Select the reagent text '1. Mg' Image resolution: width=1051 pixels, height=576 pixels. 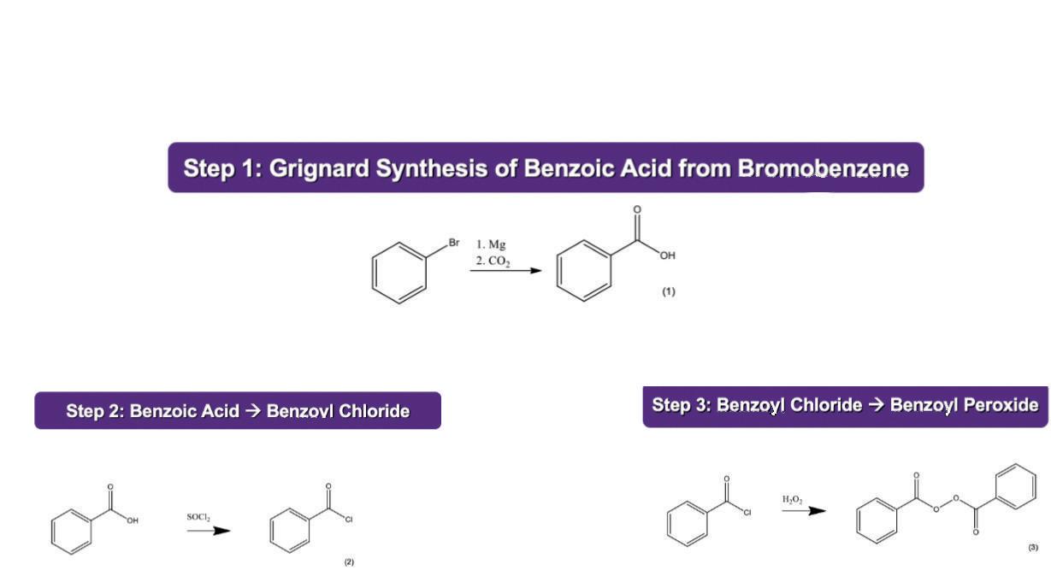click(491, 244)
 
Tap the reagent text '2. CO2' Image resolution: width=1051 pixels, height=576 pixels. click(493, 261)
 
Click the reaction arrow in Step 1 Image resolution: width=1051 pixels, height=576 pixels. click(505, 271)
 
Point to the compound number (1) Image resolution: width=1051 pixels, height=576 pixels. click(668, 291)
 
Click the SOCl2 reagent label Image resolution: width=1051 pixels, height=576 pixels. click(198, 517)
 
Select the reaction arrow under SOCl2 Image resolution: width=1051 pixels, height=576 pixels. click(209, 531)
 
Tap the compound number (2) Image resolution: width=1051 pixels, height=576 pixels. click(349, 561)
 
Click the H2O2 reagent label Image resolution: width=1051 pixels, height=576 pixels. click(792, 499)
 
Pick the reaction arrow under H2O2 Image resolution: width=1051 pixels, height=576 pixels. click(804, 511)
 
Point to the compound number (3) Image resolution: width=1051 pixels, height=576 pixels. click(1033, 547)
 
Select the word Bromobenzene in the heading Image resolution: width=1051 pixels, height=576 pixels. click(823, 168)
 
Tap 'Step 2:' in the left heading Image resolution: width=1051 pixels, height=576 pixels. click(95, 411)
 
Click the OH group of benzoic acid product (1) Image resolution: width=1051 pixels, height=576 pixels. click(667, 256)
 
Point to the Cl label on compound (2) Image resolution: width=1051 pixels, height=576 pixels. click(349, 520)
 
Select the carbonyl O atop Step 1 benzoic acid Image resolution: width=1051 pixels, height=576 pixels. click(637, 209)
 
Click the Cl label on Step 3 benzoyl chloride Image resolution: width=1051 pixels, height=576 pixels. click(746, 513)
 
